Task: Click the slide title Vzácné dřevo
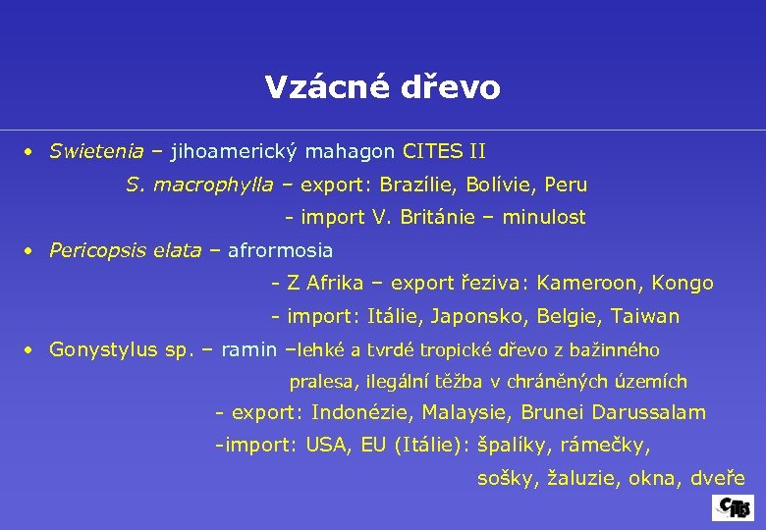pyautogui.click(x=382, y=88)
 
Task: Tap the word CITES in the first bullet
pyautogui.click(x=432, y=152)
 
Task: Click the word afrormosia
pyautogui.click(x=280, y=250)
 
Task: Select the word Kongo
pyautogui.click(x=682, y=284)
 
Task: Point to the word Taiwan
pyautogui.click(x=645, y=317)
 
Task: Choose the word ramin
pyautogui.click(x=248, y=349)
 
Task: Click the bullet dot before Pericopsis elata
pyautogui.click(x=30, y=251)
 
